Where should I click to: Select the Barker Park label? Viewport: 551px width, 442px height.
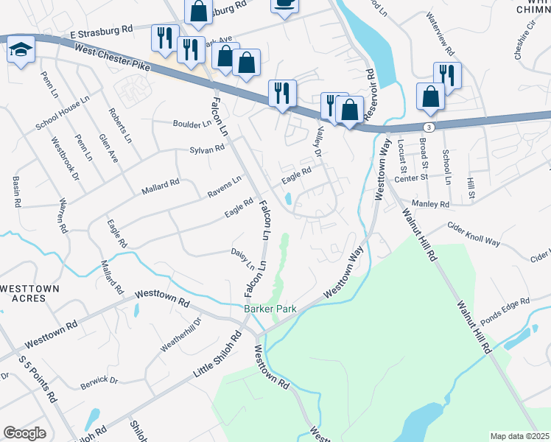point(270,309)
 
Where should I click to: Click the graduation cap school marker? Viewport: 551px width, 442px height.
point(19,50)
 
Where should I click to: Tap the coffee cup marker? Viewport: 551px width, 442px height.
point(284,4)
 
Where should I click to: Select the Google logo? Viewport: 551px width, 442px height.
point(24,432)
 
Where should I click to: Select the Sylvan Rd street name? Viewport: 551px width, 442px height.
point(206,149)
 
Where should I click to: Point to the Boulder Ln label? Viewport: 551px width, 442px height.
point(192,123)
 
